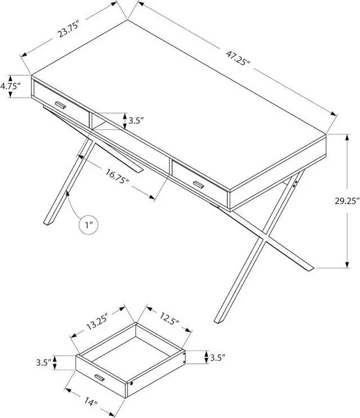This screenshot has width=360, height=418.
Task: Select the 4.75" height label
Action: click(x=10, y=87)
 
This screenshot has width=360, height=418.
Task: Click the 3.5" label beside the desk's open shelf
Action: click(x=136, y=120)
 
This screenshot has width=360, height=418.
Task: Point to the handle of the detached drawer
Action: click(x=99, y=377)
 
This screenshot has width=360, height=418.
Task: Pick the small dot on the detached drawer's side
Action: click(x=131, y=383)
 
